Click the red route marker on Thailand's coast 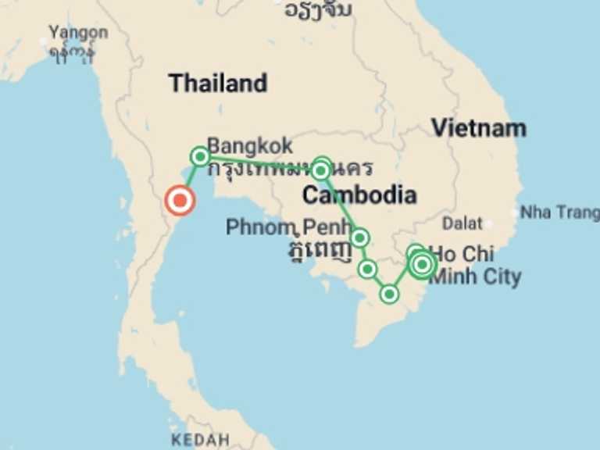(x=180, y=201)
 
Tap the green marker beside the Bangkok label (x=200, y=156)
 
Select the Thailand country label (x=218, y=83)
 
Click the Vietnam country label (x=479, y=128)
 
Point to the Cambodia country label (x=359, y=195)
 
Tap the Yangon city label (x=77, y=33)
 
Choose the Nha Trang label (x=560, y=212)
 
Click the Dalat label (x=462, y=223)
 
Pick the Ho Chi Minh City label (x=475, y=265)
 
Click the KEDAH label (x=200, y=440)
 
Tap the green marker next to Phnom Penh (x=359, y=237)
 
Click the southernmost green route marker (x=389, y=294)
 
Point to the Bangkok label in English (x=250, y=145)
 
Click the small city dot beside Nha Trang (x=514, y=212)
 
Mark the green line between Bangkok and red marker (x=190, y=178)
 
